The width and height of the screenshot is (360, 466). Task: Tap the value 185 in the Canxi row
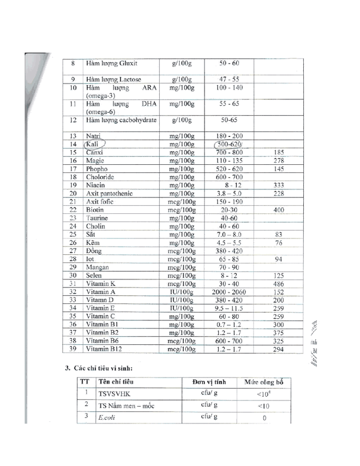click(279, 152)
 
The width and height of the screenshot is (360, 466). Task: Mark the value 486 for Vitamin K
click(279, 284)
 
